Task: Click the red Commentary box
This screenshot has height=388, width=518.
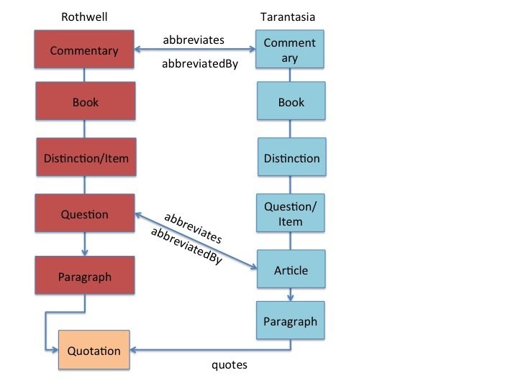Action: (x=85, y=50)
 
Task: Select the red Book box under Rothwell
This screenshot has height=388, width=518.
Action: (x=85, y=102)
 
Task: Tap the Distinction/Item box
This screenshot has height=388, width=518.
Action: (x=85, y=158)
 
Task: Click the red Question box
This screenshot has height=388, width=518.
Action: (x=85, y=214)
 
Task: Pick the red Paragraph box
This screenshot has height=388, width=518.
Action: (x=85, y=277)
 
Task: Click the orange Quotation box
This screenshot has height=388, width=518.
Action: (x=94, y=351)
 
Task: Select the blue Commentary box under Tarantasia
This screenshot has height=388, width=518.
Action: (x=290, y=50)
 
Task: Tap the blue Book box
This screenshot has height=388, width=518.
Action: (x=291, y=102)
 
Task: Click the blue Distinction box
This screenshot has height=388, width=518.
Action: (x=291, y=158)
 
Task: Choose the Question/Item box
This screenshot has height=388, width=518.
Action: (x=291, y=213)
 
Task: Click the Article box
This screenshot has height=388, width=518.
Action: (x=291, y=270)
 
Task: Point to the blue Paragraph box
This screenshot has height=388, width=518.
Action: (x=291, y=320)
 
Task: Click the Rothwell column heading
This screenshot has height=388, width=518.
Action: (x=85, y=17)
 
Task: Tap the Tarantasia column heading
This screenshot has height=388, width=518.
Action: (x=290, y=17)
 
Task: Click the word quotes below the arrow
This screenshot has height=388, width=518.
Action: (x=229, y=365)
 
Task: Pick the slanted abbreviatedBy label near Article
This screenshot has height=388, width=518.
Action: (x=186, y=247)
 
